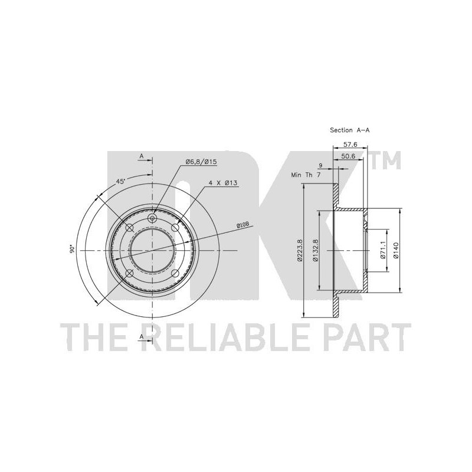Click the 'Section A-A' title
(349, 130)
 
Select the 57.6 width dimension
(350, 145)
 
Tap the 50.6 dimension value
(349, 156)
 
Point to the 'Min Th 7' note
(306, 175)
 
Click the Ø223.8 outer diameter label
(299, 250)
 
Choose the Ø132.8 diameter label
(315, 250)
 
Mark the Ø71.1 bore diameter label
(383, 250)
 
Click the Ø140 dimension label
(396, 250)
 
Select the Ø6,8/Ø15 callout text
(201, 162)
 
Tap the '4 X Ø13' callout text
(224, 182)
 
